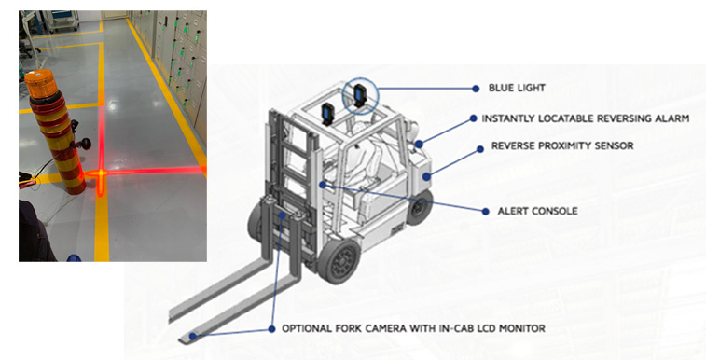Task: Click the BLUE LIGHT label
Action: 517,88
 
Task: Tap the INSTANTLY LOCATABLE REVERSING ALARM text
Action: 586,118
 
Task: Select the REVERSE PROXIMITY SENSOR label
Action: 562,145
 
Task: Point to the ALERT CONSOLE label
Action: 537,211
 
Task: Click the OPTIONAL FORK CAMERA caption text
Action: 413,328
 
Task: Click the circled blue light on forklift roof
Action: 360,95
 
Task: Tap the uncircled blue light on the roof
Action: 327,114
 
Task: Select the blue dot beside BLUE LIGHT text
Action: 476,89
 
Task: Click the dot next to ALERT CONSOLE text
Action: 485,212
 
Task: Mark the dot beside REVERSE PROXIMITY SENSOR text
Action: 480,149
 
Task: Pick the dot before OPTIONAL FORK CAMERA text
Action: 271,329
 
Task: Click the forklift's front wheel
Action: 339,261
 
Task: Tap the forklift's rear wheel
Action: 419,207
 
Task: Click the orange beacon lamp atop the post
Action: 41,83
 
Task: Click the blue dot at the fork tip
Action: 193,336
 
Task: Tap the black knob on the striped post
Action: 83,144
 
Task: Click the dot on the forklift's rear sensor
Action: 426,177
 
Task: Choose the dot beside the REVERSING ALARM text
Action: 473,118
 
